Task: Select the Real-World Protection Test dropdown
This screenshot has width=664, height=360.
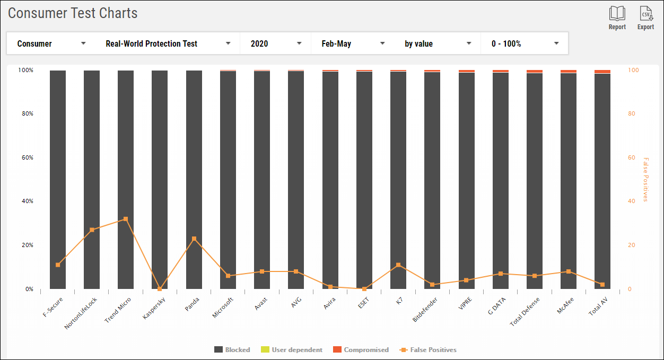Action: tap(168, 43)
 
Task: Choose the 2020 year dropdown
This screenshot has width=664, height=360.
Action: tap(276, 43)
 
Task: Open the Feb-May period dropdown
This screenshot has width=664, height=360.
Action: tap(353, 43)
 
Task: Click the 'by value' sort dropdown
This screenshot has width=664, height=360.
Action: tap(438, 43)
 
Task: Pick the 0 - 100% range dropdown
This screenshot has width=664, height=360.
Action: tap(525, 43)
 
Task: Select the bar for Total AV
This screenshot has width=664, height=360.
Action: tap(602, 180)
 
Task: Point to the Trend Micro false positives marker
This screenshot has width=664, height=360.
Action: tap(126, 219)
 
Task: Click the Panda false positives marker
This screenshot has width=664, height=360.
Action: tap(194, 239)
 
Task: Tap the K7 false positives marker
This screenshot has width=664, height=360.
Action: tap(398, 265)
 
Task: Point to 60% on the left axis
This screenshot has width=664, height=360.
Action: tap(26, 157)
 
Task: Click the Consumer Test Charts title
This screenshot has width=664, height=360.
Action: tap(73, 13)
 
